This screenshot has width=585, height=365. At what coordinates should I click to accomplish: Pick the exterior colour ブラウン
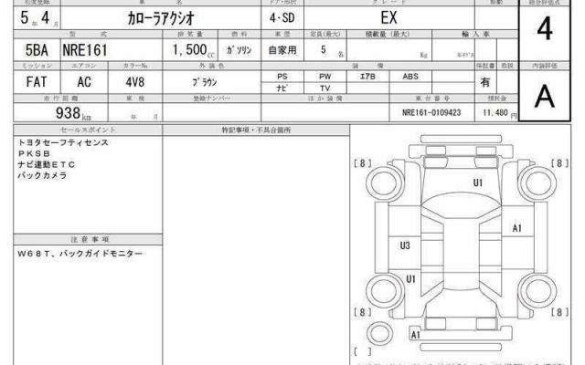(x=204, y=81)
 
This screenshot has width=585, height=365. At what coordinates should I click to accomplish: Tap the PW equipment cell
(x=324, y=77)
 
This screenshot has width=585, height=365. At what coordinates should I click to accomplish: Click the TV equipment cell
(x=324, y=89)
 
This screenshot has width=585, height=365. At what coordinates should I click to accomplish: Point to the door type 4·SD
(x=282, y=19)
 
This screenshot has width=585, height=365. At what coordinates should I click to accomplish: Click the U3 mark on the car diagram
(x=405, y=245)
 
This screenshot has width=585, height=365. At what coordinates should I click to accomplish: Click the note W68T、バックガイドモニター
(x=80, y=253)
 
